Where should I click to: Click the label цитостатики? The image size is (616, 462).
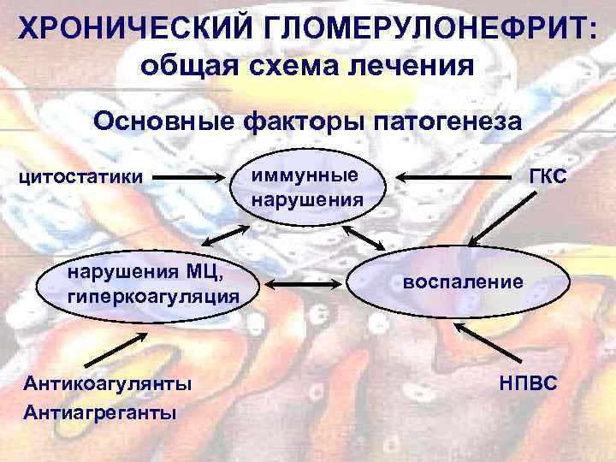click(x=81, y=178)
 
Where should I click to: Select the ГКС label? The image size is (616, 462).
click(x=548, y=175)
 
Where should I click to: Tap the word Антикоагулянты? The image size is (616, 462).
click(x=108, y=382)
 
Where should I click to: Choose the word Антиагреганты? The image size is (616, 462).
click(x=100, y=413)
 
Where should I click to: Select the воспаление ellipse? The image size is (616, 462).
click(x=463, y=281)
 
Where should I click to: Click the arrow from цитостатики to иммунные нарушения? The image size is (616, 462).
click(x=192, y=178)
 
